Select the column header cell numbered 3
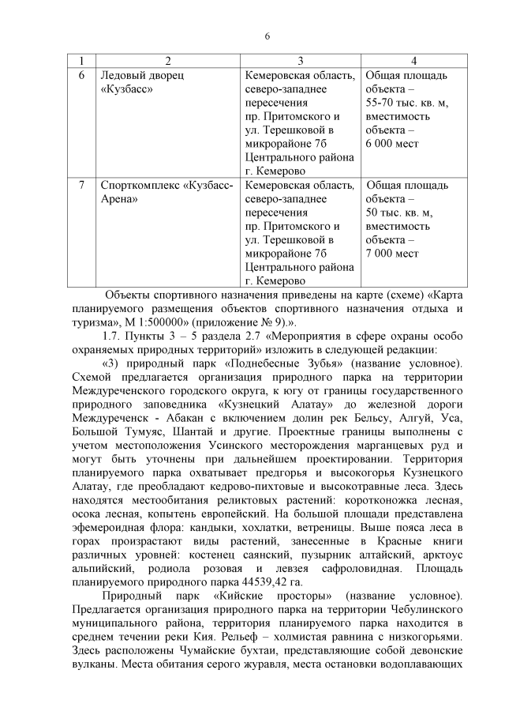pos(301,62)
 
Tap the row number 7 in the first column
pos(83,186)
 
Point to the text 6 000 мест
pos(392,144)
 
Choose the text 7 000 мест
pos(392,254)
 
